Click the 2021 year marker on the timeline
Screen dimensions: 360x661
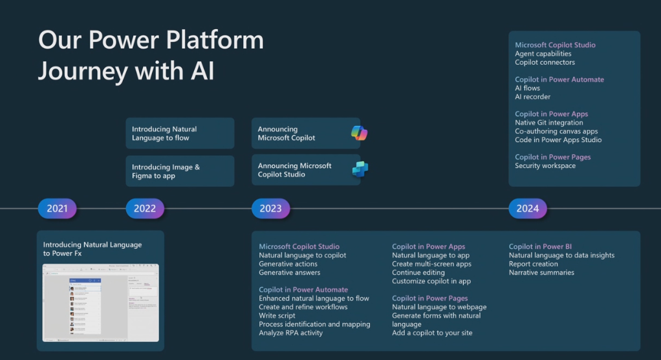pos(57,208)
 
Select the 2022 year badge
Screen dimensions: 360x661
pos(145,208)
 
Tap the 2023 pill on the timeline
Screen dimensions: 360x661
pos(270,208)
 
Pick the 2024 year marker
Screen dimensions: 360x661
pos(528,208)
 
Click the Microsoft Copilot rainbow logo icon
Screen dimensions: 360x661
pos(359,133)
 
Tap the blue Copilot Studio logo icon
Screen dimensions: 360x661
pos(360,169)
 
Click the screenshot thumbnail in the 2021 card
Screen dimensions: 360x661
pos(100,302)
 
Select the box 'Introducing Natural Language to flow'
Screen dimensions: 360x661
pos(180,133)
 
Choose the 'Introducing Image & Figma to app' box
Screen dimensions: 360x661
pos(180,171)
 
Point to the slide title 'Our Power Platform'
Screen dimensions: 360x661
pos(151,40)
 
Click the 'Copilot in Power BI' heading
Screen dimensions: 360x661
pos(540,246)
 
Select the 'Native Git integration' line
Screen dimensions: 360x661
pos(548,123)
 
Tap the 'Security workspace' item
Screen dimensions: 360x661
pos(545,166)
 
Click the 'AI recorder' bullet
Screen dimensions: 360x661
pos(532,97)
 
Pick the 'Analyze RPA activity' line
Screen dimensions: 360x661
pos(290,333)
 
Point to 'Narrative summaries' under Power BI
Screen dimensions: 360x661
pos(541,272)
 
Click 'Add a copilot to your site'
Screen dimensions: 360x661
pos(432,333)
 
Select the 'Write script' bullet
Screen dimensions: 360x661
pos(277,315)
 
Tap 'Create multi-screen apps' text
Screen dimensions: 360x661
pos(431,264)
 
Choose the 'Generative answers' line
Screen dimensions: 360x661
pos(290,272)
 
